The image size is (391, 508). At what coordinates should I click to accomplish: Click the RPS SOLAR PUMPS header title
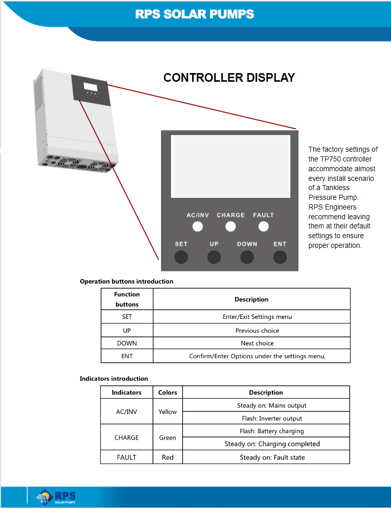coord(194,14)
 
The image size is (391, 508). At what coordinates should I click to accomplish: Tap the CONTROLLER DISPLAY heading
coord(229,78)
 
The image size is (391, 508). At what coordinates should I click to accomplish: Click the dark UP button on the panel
coord(214,257)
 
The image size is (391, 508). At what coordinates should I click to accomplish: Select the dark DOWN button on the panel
coord(247,257)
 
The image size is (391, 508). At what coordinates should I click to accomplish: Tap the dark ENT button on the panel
coord(280,257)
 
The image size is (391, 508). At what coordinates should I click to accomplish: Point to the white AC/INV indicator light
coord(198,226)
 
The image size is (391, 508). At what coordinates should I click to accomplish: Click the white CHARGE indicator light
coord(231,226)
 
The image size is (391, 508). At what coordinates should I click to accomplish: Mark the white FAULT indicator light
coord(264,226)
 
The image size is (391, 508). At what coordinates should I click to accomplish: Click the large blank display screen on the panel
coord(231,166)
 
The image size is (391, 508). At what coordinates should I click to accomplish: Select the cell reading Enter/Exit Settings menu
coord(251,316)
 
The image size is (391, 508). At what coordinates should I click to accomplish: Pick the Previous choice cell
coord(251,330)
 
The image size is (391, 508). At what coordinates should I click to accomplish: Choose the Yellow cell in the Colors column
coord(168,411)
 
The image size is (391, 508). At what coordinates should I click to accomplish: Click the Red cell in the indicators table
coord(168,457)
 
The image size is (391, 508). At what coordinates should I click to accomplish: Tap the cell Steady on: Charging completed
coord(266,444)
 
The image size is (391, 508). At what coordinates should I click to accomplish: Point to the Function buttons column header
coord(127,299)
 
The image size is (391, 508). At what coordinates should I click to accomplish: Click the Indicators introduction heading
coord(113,378)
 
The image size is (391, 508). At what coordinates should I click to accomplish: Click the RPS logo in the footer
coord(56,497)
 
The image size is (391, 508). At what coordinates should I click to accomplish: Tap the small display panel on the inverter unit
coord(91,90)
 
